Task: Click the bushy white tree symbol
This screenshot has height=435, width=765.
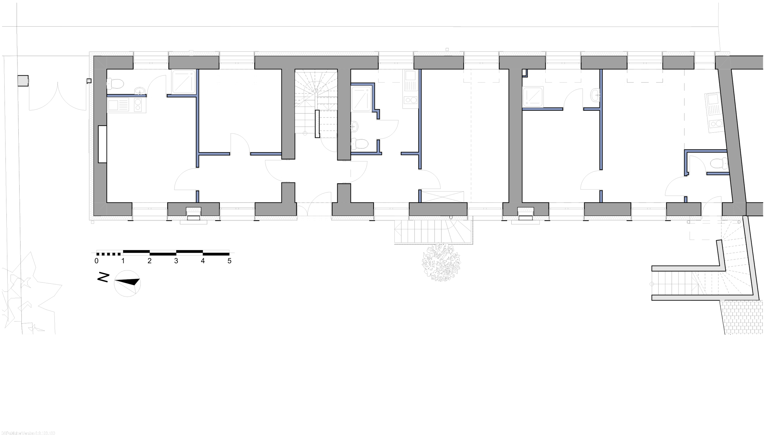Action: (441, 262)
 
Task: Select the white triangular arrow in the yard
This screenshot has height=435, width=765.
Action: (126, 287)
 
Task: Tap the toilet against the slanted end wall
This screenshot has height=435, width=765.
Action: (719, 163)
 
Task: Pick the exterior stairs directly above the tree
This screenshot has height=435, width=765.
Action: (433, 231)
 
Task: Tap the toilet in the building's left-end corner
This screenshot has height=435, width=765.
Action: (115, 83)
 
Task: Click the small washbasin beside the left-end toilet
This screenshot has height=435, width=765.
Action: (140, 90)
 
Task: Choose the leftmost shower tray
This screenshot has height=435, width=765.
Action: (184, 82)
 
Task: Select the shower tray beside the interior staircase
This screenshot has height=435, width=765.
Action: (361, 99)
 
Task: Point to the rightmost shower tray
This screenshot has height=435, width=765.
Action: (533, 97)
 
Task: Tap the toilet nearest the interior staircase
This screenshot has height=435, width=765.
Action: (360, 144)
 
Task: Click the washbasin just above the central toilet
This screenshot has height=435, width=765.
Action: (354, 126)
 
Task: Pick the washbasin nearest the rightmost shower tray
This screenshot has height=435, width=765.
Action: (595, 95)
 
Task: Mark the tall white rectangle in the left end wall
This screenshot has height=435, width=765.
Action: (102, 144)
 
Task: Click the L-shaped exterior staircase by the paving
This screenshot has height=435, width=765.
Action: (704, 281)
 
